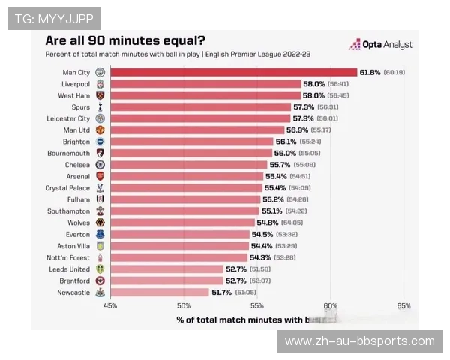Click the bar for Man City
coord(233,72)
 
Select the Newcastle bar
coord(159,292)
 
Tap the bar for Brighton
coord(191,142)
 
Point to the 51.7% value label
coord(221,292)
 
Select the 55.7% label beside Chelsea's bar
coord(279,165)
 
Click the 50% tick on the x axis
coord(184,305)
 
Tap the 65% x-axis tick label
coord(403,305)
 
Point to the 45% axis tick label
coord(110,305)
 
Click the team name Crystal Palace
coord(67,188)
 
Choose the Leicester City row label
coord(69,118)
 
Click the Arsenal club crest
coord(100,176)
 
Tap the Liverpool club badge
coord(100,84)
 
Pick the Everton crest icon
coord(100,234)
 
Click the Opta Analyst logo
coord(380,45)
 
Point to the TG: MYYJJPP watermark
coord(53,18)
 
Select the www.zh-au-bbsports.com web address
coord(360,341)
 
